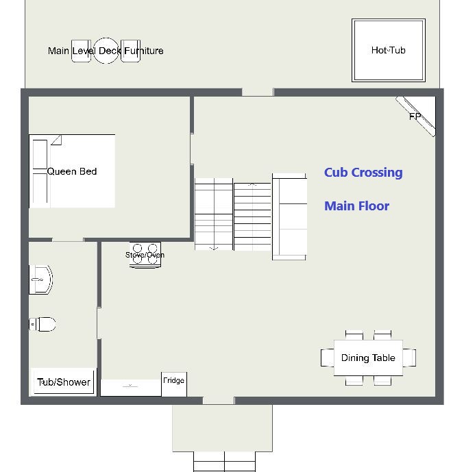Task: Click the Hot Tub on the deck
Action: [389, 50]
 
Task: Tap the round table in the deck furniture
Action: [106, 51]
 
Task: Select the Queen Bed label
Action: [72, 171]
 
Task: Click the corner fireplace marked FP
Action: [416, 116]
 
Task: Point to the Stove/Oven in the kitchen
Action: [145, 255]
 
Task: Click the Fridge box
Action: [174, 384]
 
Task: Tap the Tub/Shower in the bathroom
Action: [64, 382]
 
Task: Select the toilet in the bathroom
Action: [42, 324]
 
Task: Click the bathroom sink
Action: [41, 280]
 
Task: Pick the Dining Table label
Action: [368, 358]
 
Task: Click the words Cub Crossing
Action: [363, 173]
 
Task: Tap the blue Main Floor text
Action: [357, 206]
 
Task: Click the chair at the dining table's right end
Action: [409, 358]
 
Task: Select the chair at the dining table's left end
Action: [328, 358]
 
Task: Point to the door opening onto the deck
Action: [258, 92]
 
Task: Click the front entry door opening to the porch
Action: [219, 400]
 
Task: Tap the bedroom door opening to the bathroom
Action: [68, 240]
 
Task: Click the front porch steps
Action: [224, 462]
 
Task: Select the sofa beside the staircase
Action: [289, 216]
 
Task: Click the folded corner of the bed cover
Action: [56, 140]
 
